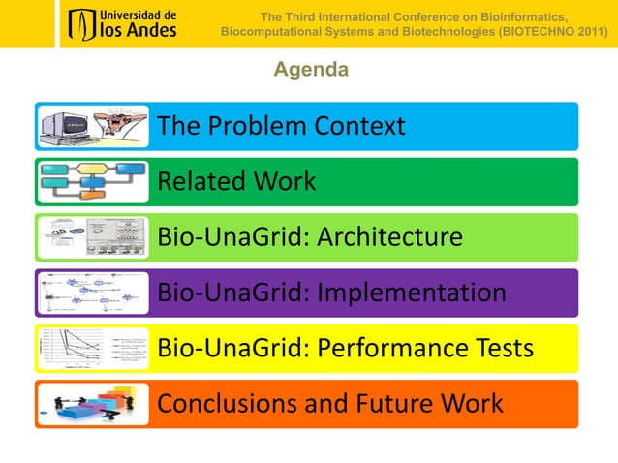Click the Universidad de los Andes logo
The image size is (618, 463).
(122, 24)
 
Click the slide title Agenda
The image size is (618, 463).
(310, 70)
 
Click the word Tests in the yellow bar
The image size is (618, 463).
(503, 348)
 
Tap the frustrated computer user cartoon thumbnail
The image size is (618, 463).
(93, 126)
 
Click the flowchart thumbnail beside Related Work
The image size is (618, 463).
(93, 181)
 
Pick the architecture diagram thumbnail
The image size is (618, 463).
(93, 237)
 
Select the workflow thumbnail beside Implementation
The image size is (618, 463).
(93, 293)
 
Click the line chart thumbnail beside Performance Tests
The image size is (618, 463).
(93, 348)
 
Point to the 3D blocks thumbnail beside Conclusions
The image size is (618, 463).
(93, 403)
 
